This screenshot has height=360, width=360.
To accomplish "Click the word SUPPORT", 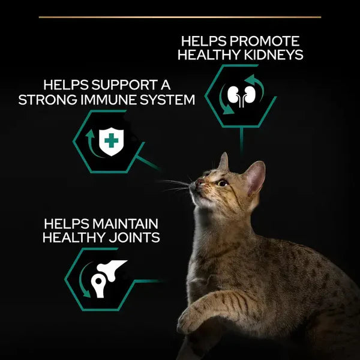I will tap(127, 83).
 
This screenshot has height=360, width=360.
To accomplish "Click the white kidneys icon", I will tap(239, 95).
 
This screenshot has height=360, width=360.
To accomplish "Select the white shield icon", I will tap(111, 142).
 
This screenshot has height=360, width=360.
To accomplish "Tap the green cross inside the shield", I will tap(111, 141).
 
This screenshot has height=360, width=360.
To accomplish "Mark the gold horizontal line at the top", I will tap(180, 17).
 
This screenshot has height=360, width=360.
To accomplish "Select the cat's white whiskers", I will tap(174, 185).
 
